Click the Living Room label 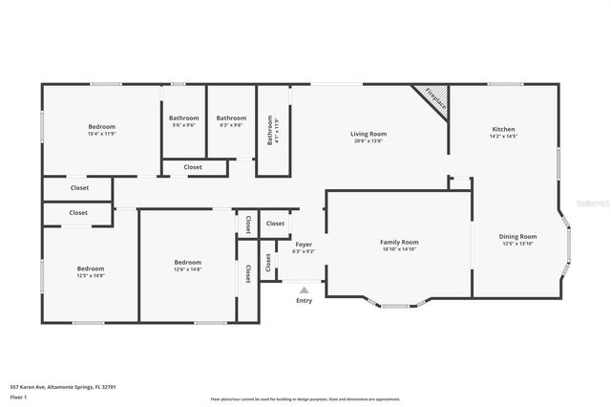(368, 134)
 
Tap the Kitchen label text (503, 129)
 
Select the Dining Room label (517, 236)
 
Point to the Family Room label (399, 242)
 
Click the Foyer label (303, 246)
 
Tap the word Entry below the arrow (304, 301)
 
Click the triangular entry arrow (304, 289)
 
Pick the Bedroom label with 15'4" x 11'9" (101, 127)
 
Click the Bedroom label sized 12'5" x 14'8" (91, 268)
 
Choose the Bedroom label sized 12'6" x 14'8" (187, 262)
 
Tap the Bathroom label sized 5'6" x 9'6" (183, 118)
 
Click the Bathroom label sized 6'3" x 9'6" (231, 118)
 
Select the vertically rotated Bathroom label (270, 130)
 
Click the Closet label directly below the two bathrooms (193, 167)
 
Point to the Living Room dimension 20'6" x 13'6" (368, 141)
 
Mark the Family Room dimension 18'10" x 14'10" (399, 249)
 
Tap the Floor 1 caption (17, 396)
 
